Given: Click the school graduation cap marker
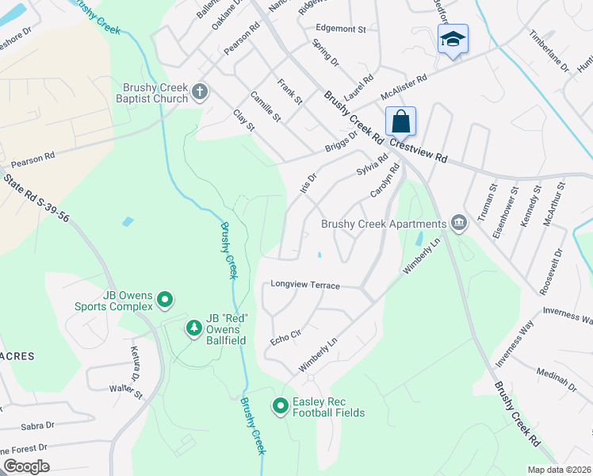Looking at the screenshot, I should point(453,39).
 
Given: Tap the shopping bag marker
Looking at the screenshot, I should point(400,122).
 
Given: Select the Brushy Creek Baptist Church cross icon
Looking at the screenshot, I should point(199,93).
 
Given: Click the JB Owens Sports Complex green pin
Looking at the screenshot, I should point(165,299).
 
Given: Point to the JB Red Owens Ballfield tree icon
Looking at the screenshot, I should point(193,328).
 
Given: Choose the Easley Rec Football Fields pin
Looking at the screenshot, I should point(280,406).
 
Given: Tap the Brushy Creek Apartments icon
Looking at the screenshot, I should point(458,224).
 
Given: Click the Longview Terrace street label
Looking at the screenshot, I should point(305,285).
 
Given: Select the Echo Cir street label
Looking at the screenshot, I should point(285,336).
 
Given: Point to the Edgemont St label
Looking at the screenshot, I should point(340,29).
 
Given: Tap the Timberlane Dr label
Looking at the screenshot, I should point(549,51).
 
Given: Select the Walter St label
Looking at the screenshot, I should point(121,389).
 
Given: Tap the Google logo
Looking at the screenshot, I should point(26,466).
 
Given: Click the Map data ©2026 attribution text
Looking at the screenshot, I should point(558,470).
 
